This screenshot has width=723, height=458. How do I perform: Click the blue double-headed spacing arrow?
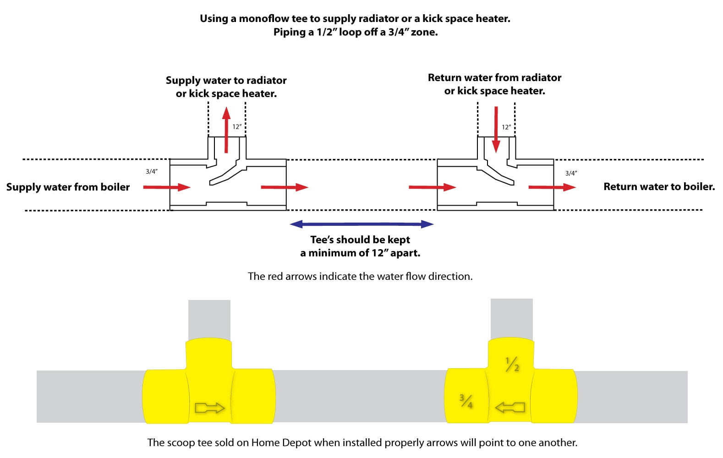(x=361, y=224)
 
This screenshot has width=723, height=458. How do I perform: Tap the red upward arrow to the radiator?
(x=226, y=130)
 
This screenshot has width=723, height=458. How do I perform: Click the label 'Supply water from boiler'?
(x=68, y=187)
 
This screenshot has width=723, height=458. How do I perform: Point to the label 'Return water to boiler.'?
(x=659, y=186)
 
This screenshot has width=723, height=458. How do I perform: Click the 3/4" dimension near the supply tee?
(x=152, y=171)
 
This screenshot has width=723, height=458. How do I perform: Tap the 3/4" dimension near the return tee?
(x=571, y=173)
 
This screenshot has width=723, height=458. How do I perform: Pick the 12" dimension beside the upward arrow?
(x=237, y=127)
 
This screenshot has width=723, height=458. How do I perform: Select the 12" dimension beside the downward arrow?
(x=506, y=127)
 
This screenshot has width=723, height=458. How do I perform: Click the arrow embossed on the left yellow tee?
(x=210, y=408)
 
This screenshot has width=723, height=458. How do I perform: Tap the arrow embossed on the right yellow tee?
(x=510, y=407)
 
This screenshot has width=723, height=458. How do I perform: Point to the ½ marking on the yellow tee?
(x=512, y=364)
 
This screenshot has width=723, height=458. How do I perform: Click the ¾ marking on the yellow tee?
(x=466, y=401)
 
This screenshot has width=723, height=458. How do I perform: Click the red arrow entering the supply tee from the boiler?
(x=166, y=187)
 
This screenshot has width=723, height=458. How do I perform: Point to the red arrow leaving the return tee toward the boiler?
(x=552, y=187)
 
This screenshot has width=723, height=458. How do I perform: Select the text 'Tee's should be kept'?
(x=360, y=240)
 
